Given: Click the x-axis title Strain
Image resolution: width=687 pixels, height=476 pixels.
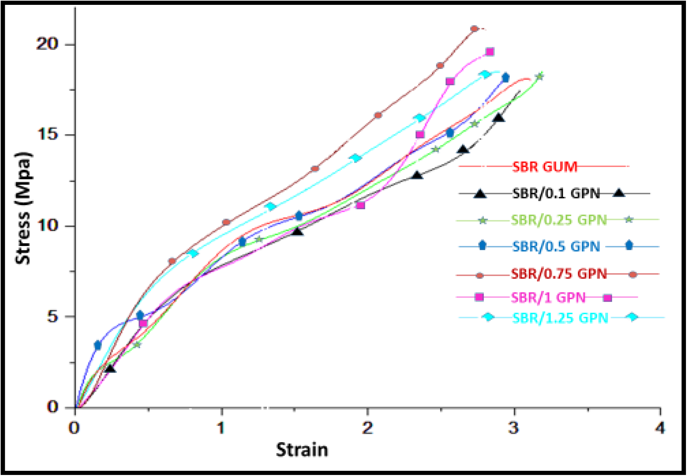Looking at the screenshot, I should (302, 450).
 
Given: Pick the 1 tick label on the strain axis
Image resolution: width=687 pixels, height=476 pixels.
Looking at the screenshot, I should (221, 428).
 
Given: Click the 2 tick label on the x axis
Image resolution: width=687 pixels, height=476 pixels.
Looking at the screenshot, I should (367, 428).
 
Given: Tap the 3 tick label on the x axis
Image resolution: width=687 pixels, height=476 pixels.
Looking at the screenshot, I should (514, 428).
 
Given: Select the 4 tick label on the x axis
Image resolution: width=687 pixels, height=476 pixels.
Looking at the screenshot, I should (660, 428).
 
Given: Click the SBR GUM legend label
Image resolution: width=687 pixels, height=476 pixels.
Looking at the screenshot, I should (545, 167).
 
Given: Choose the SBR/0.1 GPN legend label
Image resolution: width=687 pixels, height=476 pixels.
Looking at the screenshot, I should (556, 193).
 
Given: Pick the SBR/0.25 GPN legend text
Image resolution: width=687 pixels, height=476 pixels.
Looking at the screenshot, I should (559, 220).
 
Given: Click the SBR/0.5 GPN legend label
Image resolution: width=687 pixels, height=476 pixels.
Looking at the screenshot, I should (556, 246).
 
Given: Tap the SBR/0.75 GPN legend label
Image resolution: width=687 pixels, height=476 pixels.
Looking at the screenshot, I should (559, 274).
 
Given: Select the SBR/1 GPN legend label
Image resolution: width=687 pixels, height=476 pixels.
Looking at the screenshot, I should (548, 297).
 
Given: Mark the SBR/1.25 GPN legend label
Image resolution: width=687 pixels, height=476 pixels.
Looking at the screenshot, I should (560, 318).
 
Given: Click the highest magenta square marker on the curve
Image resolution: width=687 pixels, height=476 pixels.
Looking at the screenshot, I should (490, 52).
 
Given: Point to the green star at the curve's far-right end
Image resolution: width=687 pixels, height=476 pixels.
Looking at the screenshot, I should (539, 77).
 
